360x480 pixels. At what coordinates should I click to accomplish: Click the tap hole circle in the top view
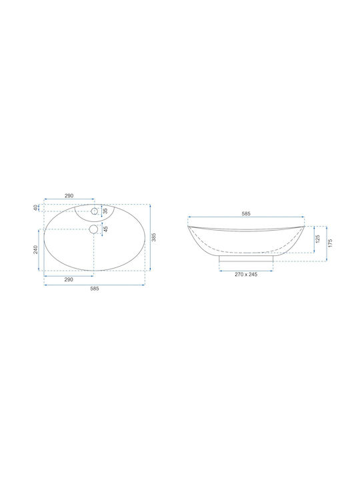coord(94,211)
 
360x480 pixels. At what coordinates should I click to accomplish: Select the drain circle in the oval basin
coord(94,229)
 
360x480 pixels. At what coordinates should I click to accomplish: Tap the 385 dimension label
coord(154,237)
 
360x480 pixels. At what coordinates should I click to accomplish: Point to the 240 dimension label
coord(35,249)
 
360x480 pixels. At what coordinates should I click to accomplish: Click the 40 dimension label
coord(36,208)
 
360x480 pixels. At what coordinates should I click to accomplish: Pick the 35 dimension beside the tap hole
coord(105,211)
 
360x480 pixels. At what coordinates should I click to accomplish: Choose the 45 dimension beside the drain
coord(105,229)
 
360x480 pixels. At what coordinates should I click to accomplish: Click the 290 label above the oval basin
coord(69,196)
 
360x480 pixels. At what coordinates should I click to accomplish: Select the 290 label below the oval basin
coord(69,279)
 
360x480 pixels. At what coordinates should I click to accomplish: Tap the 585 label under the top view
coord(95,289)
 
